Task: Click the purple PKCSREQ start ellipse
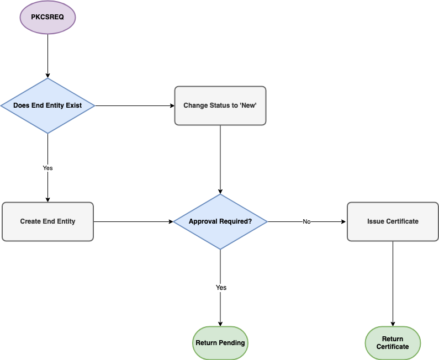pyautogui.click(x=47, y=17)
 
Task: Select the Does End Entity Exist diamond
pyautogui.click(x=47, y=105)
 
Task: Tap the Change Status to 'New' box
pyautogui.click(x=220, y=105)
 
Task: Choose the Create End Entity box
pyautogui.click(x=47, y=221)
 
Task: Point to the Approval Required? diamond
pyautogui.click(x=220, y=221)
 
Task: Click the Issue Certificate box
pyautogui.click(x=393, y=221)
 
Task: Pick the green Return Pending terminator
pyautogui.click(x=220, y=343)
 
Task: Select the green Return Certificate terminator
pyautogui.click(x=393, y=343)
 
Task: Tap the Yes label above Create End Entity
pyautogui.click(x=47, y=168)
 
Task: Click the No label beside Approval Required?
pyautogui.click(x=306, y=221)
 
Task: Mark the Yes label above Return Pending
pyautogui.click(x=221, y=288)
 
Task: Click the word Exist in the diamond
pyautogui.click(x=73, y=105)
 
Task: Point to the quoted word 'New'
pyautogui.click(x=247, y=105)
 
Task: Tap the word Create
pyautogui.click(x=30, y=221)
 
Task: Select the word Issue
pyautogui.click(x=375, y=221)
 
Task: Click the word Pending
pyautogui.click(x=232, y=343)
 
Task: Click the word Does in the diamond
pyautogui.click(x=21, y=105)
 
